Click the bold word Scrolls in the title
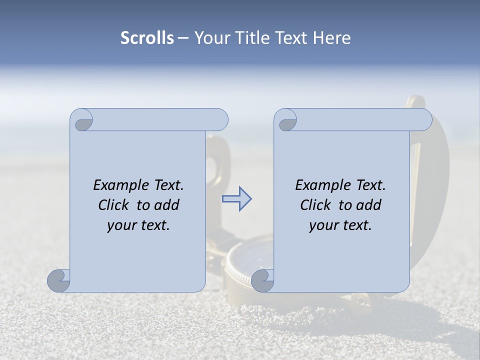point(147,38)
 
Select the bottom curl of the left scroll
point(59,280)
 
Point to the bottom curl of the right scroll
point(262,280)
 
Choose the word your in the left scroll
point(121,225)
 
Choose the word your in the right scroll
point(323,225)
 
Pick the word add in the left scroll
point(167,205)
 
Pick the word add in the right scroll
point(369,205)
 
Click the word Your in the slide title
point(212,38)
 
